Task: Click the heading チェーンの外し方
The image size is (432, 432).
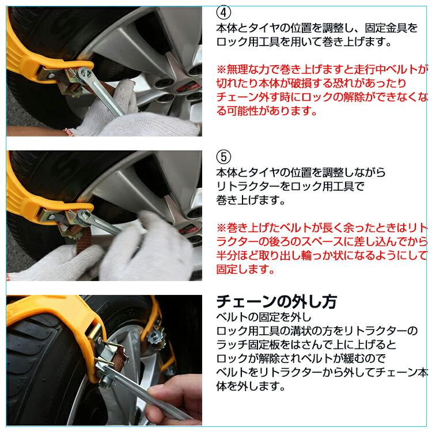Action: click(276, 301)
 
